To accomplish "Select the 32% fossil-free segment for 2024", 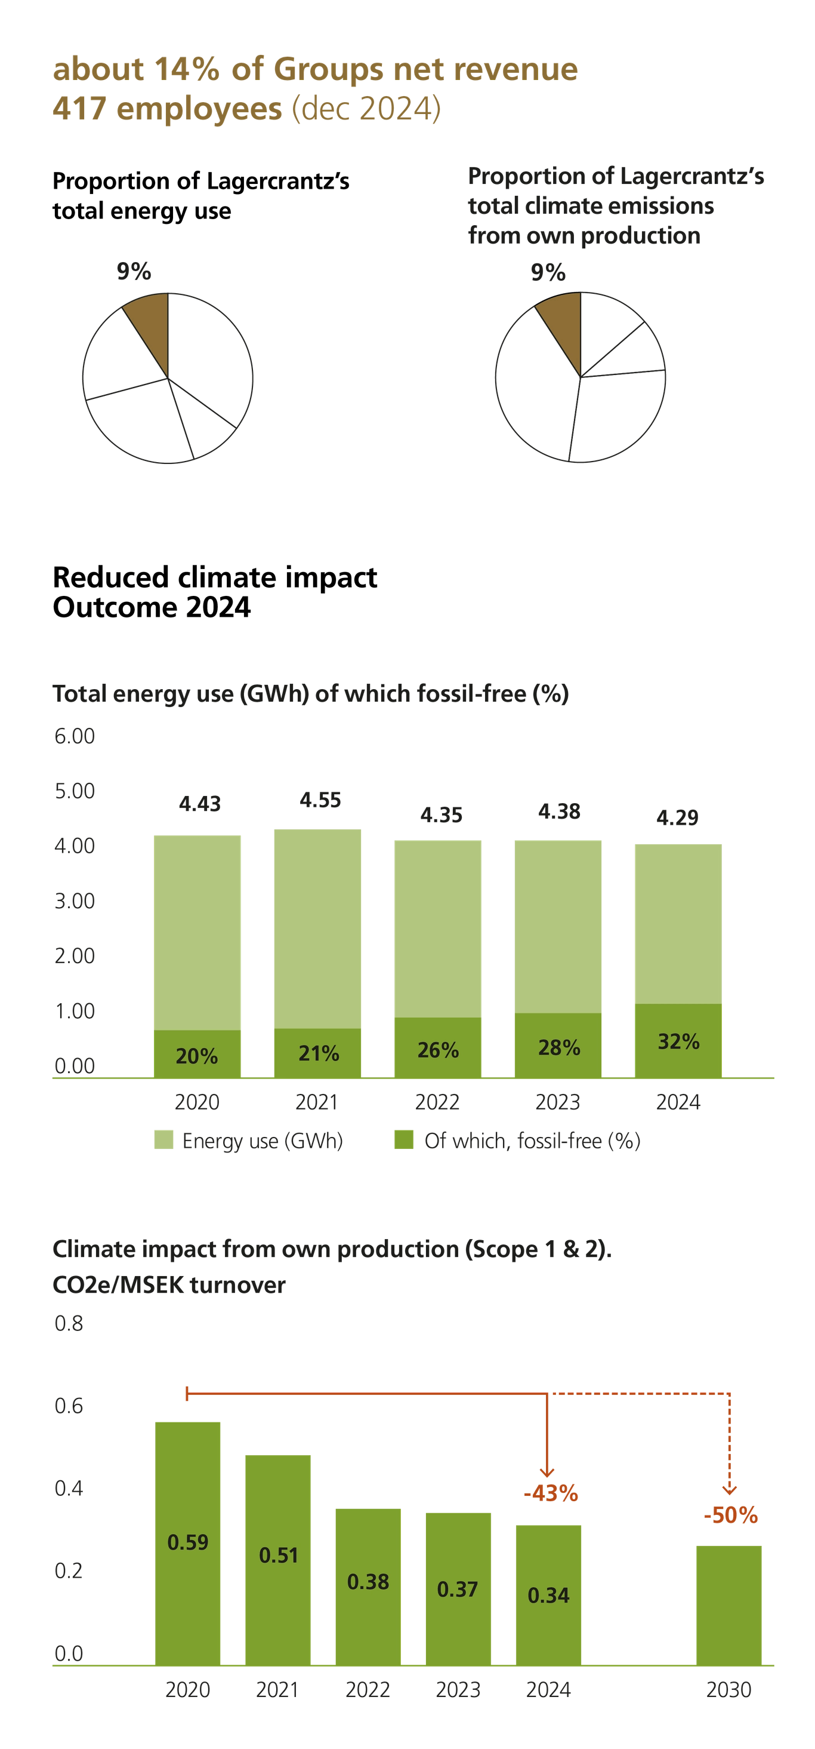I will (x=678, y=1041).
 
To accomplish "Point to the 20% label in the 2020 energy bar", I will (x=197, y=1056).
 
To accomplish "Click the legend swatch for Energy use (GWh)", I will (x=163, y=1140).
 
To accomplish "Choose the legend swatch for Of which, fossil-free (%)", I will (x=405, y=1140).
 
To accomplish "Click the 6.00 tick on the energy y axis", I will (x=75, y=736).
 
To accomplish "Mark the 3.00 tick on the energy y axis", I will (x=75, y=901).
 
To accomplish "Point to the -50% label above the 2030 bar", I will (x=730, y=1515).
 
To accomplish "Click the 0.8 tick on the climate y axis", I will (x=69, y=1324).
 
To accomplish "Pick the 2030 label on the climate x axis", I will (x=729, y=1689).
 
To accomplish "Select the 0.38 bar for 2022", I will (x=368, y=1582).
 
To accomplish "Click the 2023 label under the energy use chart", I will (x=557, y=1102).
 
